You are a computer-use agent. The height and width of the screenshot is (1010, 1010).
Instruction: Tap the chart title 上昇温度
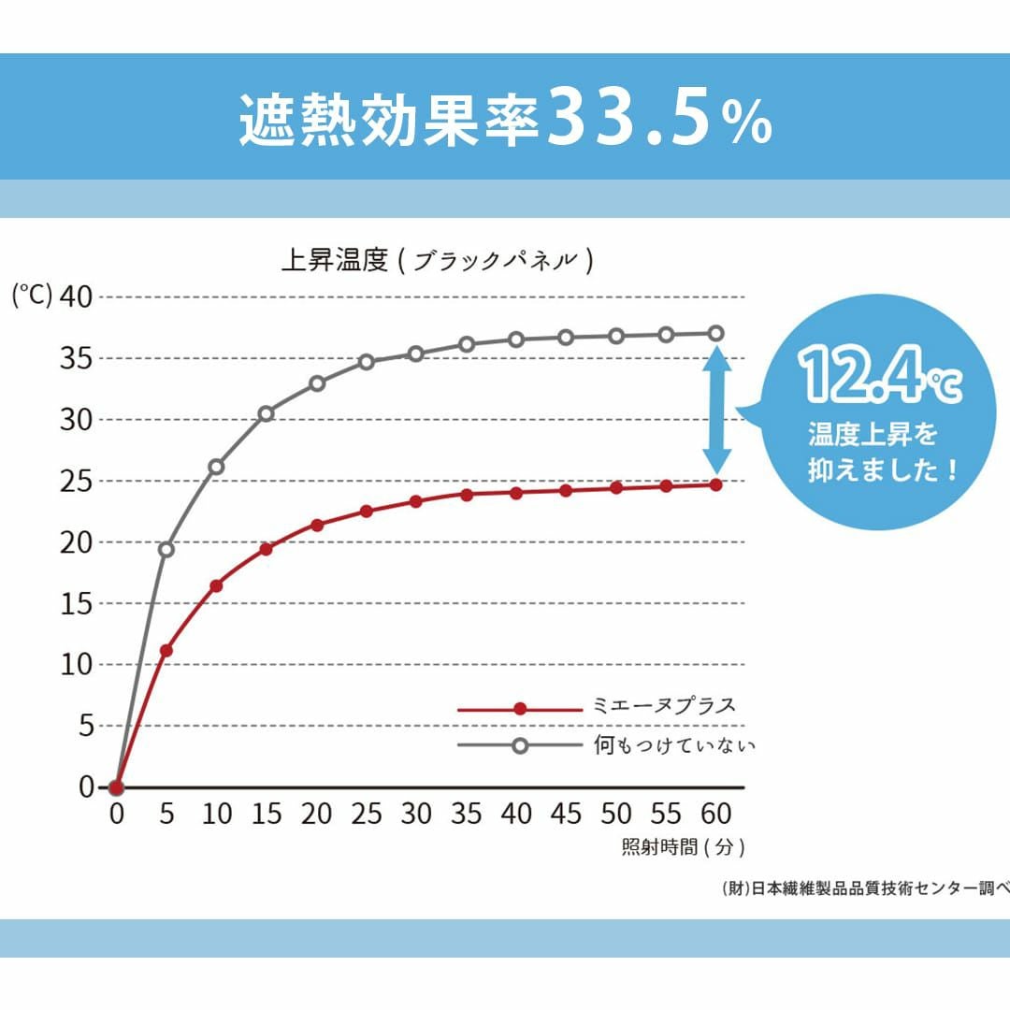335,260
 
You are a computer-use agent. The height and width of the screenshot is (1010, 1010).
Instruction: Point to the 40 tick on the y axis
77,296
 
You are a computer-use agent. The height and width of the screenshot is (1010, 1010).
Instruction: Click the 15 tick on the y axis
77,603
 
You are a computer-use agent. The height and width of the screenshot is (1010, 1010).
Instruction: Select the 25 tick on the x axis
367,814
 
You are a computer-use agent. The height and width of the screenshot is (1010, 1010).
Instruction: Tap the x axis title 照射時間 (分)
683,848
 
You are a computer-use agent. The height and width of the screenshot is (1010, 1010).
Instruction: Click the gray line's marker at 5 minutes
166,549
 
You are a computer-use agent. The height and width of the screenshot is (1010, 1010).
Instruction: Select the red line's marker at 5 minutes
166,650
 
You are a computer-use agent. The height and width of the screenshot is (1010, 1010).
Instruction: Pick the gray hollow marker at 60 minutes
716,333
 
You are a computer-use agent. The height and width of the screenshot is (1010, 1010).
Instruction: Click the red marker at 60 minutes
716,484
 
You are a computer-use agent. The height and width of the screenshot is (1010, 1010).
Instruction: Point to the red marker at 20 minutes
317,525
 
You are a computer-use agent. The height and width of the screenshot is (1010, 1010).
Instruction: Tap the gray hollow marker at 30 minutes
416,353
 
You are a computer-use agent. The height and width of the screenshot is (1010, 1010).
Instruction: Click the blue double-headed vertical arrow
717,410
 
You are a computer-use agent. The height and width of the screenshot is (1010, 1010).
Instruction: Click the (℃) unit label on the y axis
32,295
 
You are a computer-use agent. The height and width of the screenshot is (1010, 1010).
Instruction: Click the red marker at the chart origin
116,787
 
